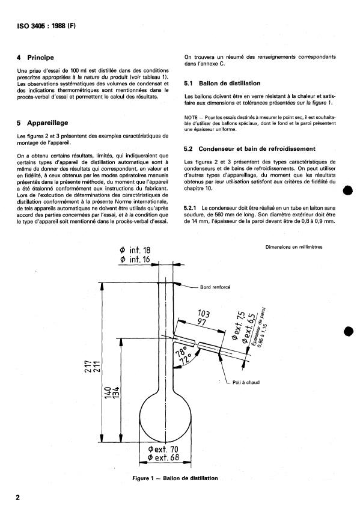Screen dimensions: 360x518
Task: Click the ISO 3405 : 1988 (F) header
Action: point(46,26)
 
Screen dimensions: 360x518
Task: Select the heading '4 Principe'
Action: point(35,58)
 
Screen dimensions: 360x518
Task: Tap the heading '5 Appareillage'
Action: point(42,123)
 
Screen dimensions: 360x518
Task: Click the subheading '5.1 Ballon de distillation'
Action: point(222,84)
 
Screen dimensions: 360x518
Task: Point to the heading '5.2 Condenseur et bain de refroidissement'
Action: point(249,149)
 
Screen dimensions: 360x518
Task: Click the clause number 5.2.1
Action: point(191,208)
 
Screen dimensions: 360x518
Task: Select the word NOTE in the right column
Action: point(191,117)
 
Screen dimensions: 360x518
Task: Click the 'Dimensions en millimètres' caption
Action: point(294,247)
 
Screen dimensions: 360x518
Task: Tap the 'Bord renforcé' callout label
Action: point(215,287)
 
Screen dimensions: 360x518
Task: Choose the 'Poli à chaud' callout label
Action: point(246,382)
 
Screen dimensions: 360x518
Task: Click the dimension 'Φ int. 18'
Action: point(135,250)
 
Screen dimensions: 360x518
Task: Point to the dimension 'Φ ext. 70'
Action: point(163,449)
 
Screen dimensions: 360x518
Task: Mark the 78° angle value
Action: point(182,352)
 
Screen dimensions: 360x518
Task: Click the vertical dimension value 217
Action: point(88,367)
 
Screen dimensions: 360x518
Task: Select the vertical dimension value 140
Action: point(108,392)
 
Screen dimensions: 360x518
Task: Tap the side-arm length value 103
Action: point(204,313)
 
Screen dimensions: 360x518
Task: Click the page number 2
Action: point(18,497)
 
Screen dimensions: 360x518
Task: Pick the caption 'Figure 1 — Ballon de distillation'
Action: point(175,478)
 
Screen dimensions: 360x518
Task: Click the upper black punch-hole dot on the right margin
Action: point(348,190)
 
